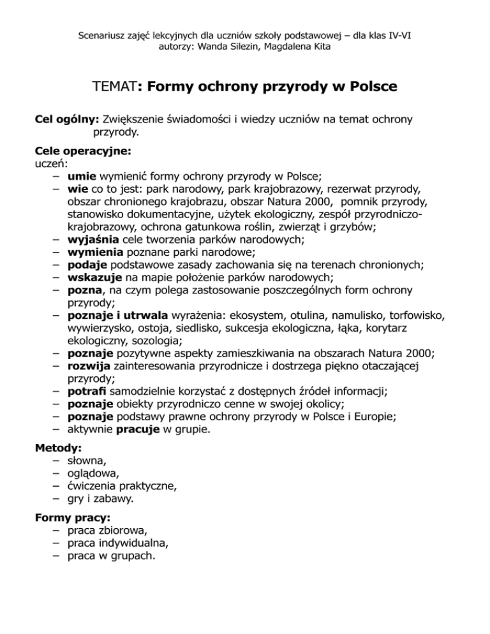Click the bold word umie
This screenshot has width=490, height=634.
[x=78, y=177]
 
